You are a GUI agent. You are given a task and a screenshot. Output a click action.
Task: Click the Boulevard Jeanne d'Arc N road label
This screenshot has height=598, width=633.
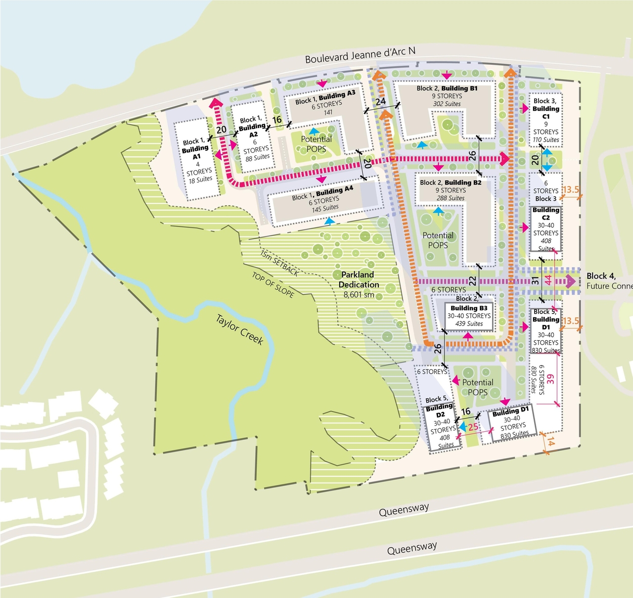coord(360,54)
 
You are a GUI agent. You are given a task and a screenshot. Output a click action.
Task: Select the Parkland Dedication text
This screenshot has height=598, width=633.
coord(359,279)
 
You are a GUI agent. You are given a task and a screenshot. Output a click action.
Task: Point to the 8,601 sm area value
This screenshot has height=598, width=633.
coord(359,295)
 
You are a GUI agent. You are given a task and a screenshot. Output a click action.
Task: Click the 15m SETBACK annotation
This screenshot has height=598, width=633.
coord(279,263)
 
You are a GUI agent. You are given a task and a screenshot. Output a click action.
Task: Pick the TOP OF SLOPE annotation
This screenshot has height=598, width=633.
coord(273,285)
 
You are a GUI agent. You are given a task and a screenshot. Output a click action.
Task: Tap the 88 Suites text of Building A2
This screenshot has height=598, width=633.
coord(258,158)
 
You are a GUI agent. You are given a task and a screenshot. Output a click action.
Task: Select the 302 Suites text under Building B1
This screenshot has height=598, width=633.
coord(447,104)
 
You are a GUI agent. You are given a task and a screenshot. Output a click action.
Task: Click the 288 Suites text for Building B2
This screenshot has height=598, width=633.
coord(450,198)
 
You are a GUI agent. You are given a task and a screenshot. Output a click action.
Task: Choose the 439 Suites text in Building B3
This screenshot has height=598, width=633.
coord(469,324)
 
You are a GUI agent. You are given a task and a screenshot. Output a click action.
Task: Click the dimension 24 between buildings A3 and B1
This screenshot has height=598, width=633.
coord(380,102)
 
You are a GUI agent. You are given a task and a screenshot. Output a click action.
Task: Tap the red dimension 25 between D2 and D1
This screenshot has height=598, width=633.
coord(473,427)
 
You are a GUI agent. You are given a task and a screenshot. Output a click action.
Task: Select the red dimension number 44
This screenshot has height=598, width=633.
coord(548,280)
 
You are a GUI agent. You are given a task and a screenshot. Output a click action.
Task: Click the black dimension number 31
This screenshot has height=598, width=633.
coord(535,281)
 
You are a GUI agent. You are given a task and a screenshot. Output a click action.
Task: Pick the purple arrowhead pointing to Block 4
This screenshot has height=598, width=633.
coord(571,282)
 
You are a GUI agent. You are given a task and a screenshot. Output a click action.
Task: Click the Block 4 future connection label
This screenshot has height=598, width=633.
coord(608,281)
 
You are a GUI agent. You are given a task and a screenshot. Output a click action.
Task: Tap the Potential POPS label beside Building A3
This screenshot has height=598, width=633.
coord(316,144)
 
